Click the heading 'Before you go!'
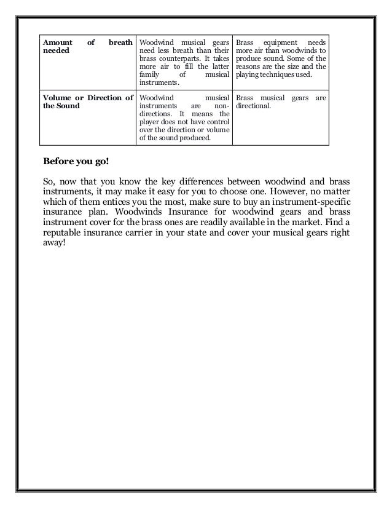(76, 162)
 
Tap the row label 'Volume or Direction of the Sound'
(87, 102)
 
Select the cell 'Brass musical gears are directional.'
(281, 102)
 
